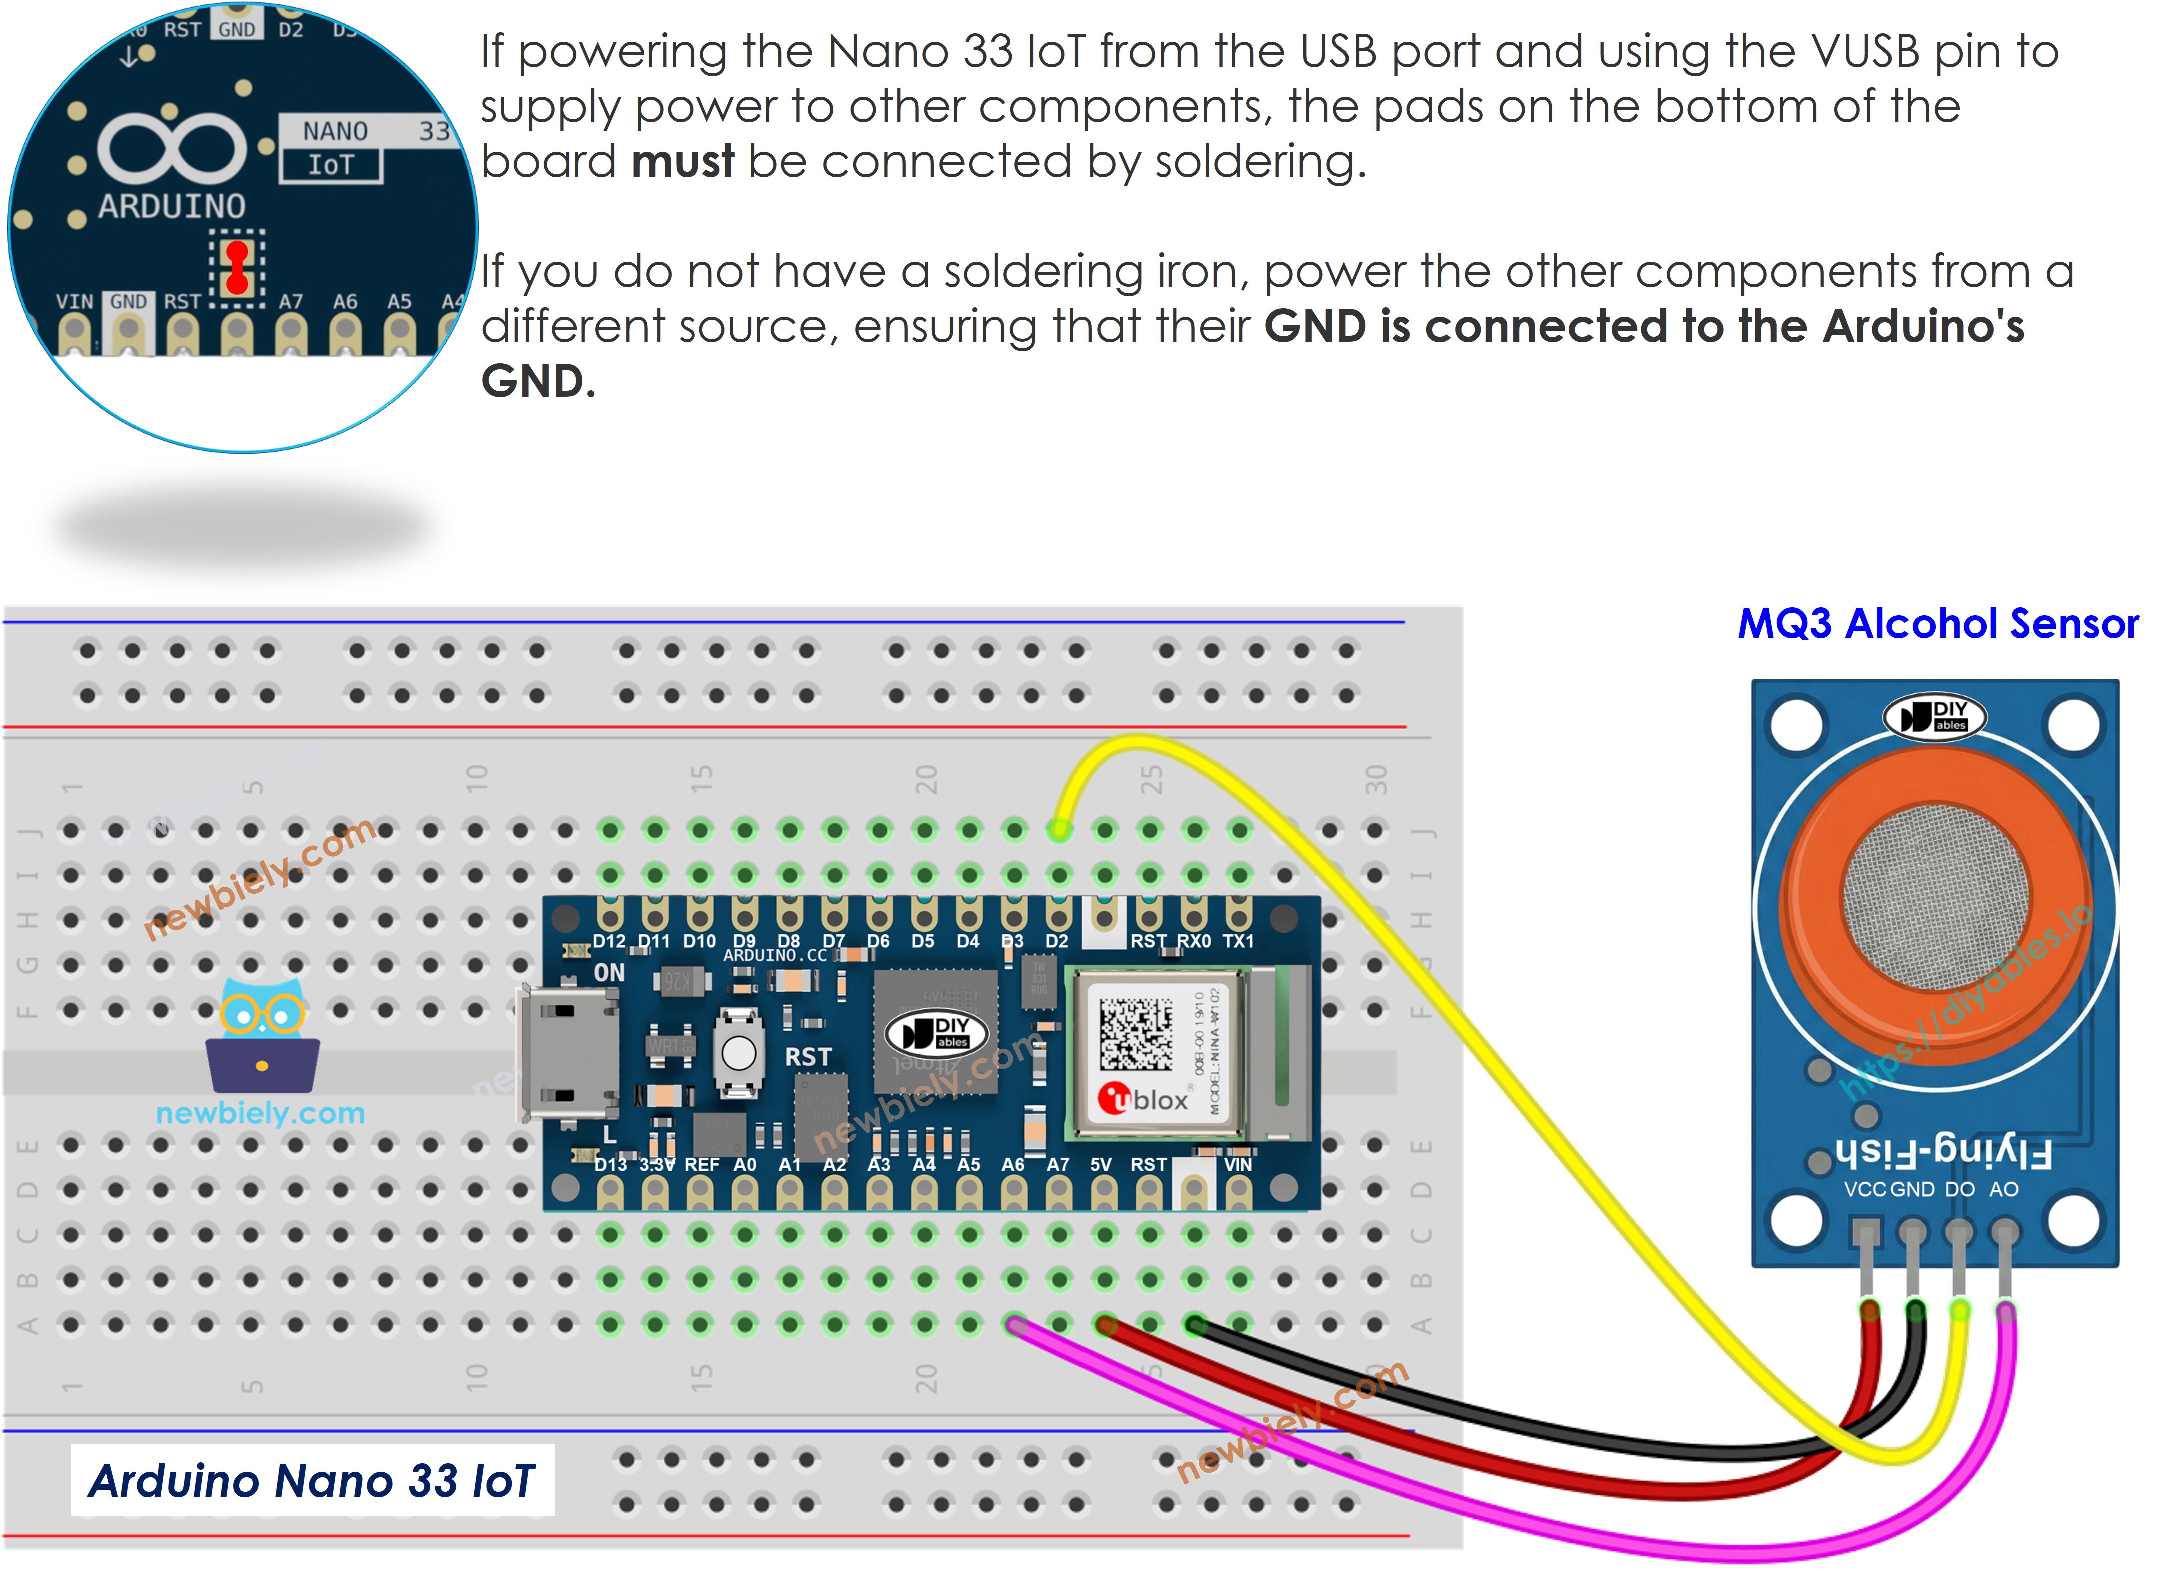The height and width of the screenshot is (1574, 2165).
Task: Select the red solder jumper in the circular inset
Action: (237, 267)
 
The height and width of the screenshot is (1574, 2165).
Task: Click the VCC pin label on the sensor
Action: (1864, 1189)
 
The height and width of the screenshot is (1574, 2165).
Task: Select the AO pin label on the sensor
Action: (2003, 1189)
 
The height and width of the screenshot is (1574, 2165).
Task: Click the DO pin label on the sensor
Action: (1960, 1189)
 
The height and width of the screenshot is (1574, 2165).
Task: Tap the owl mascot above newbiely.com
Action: (263, 1036)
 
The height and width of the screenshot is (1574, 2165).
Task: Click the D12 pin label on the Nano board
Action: (609, 941)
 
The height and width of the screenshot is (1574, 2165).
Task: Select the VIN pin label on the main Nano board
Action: (1237, 1164)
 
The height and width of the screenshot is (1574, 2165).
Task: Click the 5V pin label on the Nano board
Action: (1101, 1164)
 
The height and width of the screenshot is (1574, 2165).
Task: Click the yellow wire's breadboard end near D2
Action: (1058, 829)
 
